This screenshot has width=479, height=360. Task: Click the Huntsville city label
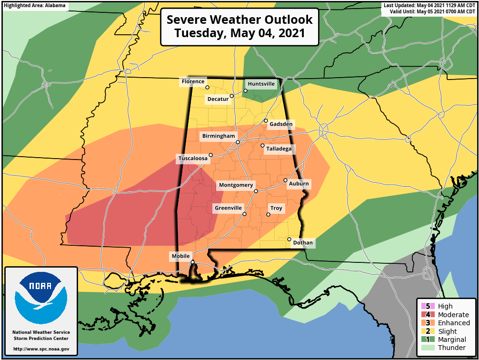(x=261, y=84)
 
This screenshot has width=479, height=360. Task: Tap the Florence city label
(x=193, y=82)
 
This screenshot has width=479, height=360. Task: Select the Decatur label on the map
(x=218, y=99)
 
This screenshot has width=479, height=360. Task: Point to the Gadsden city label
(x=281, y=124)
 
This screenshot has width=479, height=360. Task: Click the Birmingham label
(x=219, y=136)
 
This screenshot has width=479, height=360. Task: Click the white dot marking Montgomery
(x=256, y=191)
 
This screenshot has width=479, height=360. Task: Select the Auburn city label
(x=299, y=184)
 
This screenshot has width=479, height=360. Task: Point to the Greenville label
(x=229, y=208)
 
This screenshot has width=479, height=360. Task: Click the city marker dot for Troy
(x=268, y=215)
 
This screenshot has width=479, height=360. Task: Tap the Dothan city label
(x=303, y=243)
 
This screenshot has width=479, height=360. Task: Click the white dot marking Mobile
(x=192, y=262)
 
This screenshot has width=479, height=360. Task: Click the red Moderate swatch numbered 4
(x=425, y=315)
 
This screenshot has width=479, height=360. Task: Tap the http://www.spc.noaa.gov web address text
(x=41, y=349)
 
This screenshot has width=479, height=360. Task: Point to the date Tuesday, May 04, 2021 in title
(x=239, y=33)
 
